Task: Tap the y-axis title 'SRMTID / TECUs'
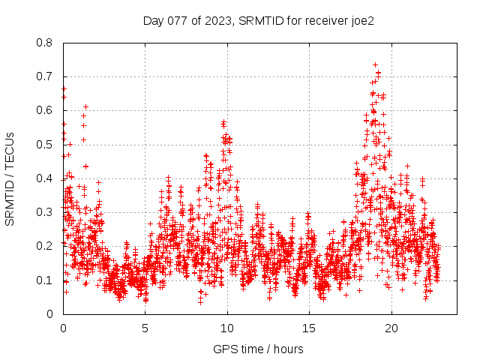(10, 178)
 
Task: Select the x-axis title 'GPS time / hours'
(259, 349)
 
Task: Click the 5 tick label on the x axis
(145, 328)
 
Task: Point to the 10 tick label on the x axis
(227, 328)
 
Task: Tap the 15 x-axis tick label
(309, 328)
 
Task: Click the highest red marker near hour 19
(375, 65)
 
